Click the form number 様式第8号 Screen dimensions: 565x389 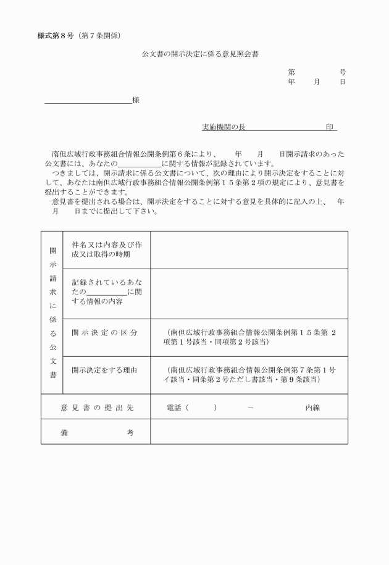click(56, 34)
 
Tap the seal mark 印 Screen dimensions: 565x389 click(330, 127)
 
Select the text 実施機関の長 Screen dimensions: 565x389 click(224, 127)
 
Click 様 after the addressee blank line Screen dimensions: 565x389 click(135, 100)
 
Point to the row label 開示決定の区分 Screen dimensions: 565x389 click(104, 333)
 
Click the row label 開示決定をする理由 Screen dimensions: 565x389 click(104, 370)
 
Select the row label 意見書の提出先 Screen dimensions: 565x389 click(96, 408)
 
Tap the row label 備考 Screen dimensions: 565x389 click(96, 433)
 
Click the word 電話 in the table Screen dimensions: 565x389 click(174, 408)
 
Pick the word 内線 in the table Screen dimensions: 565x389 click(313, 408)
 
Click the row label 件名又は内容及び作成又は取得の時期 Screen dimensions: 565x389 click(107, 249)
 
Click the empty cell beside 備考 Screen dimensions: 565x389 click(249, 432)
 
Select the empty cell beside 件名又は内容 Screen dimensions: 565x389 click(249, 250)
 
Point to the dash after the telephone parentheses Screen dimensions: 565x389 click(250, 408)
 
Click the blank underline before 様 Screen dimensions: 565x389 click(88, 101)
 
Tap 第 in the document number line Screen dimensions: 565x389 click(291, 72)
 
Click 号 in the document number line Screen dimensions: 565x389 click(343, 72)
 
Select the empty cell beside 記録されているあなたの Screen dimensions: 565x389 click(249, 293)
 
